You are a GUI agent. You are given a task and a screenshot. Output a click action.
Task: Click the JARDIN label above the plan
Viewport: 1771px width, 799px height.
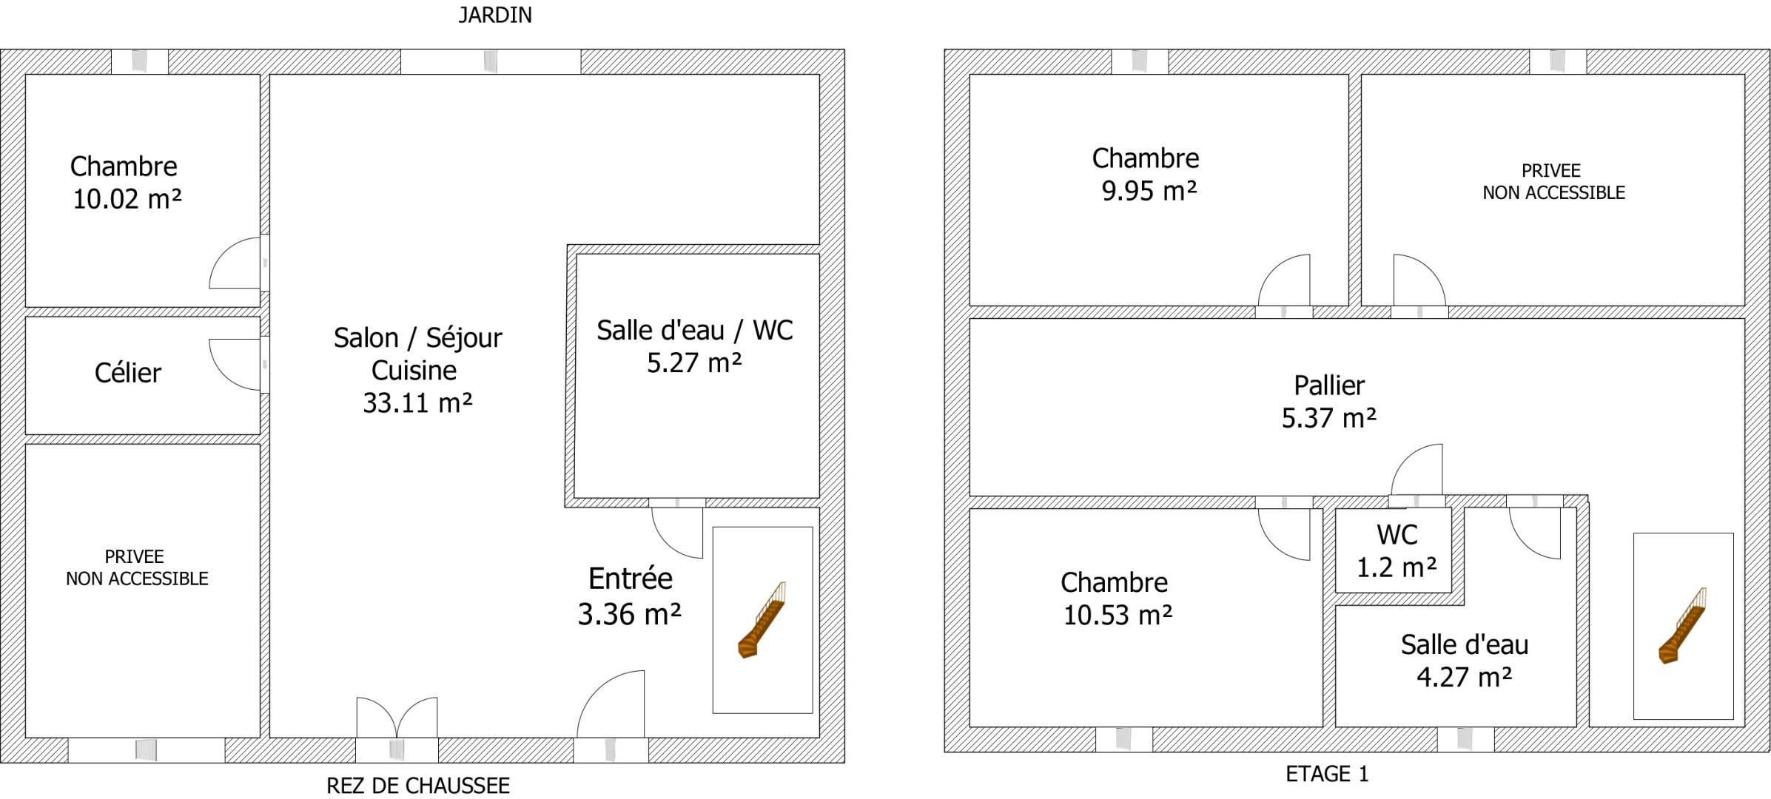click(494, 15)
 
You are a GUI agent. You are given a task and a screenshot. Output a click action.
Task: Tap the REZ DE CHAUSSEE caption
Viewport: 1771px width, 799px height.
click(418, 786)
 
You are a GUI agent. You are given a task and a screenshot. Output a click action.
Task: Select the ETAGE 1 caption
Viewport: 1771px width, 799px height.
click(1327, 774)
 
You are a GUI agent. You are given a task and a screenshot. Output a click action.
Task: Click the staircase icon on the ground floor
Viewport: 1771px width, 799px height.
click(762, 620)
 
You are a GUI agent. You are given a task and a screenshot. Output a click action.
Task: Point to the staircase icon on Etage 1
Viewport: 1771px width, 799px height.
click(1683, 626)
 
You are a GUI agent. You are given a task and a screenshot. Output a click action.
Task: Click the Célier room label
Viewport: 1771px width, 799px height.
click(127, 372)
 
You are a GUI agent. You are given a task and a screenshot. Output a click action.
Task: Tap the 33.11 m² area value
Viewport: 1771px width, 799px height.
click(417, 403)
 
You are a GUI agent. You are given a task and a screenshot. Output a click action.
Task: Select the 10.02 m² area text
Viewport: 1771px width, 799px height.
click(127, 199)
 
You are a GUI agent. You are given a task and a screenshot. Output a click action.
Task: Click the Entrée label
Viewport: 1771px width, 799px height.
click(631, 578)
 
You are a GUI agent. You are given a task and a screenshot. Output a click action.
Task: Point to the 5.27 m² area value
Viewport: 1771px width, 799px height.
click(694, 363)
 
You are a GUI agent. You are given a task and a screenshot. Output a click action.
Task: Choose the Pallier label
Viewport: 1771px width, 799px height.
click(1329, 385)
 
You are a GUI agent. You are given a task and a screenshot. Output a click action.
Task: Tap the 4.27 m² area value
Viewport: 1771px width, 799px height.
click(1464, 678)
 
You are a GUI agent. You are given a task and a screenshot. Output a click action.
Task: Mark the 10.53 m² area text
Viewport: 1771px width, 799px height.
click(1118, 616)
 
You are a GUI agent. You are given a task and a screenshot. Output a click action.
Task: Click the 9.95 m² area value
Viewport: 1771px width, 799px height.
click(1149, 191)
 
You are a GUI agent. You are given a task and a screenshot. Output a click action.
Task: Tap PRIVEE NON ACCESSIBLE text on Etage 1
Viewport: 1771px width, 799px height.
click(1553, 182)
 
